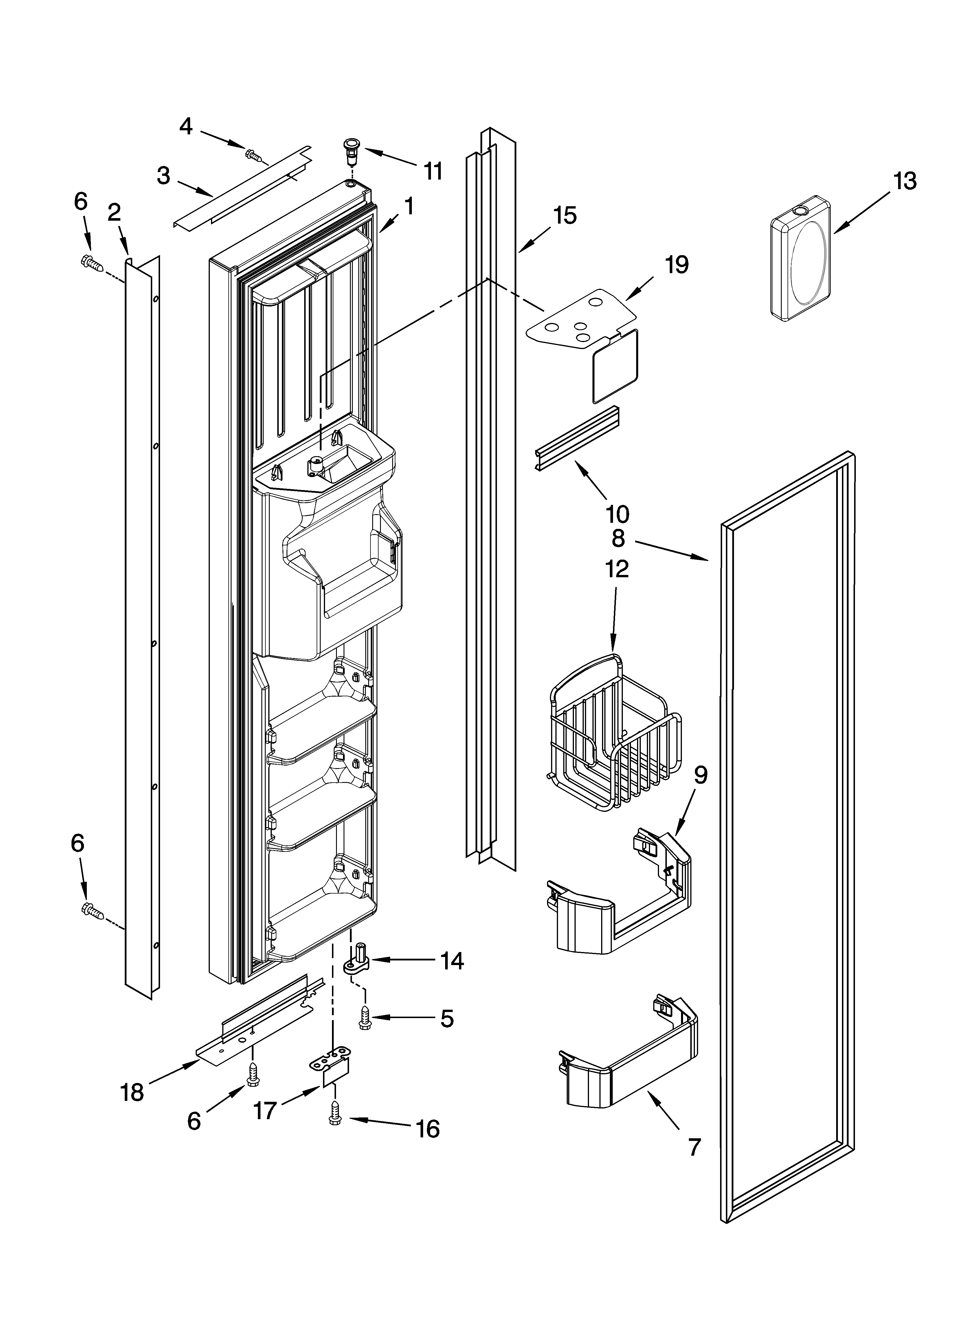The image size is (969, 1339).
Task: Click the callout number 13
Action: (x=905, y=181)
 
